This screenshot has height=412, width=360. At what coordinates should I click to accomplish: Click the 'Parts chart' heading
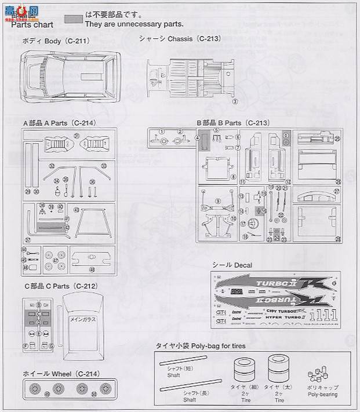point(32,25)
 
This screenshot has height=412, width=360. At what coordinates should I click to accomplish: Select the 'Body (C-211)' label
point(56,42)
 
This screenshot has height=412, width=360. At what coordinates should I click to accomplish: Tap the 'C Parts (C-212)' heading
point(60,286)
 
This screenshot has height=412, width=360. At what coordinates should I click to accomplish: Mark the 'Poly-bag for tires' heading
point(201,346)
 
